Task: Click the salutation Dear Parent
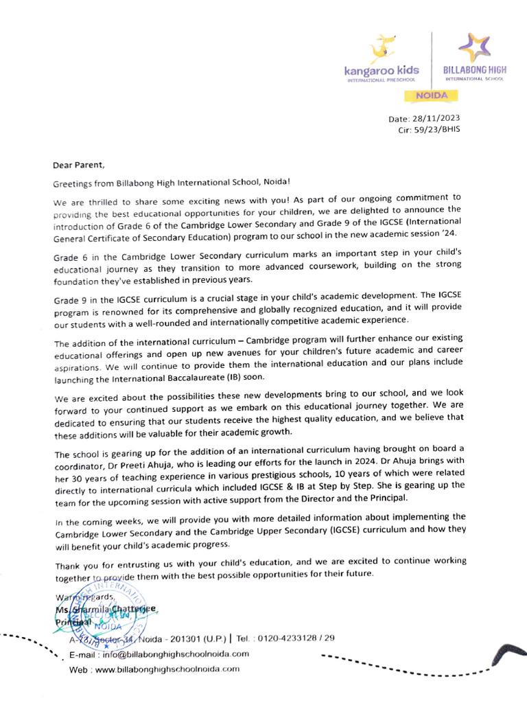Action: (x=80, y=165)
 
